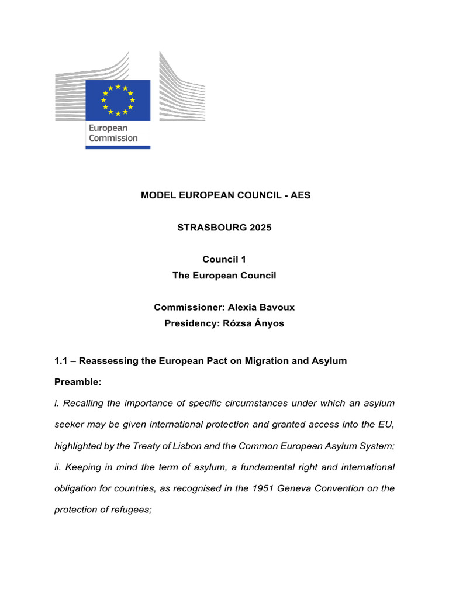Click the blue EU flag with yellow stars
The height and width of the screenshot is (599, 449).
[118, 99]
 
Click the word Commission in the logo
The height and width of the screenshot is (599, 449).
[113, 138]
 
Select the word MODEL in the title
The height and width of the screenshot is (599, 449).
[157, 195]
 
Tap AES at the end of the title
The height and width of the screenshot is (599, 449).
[301, 195]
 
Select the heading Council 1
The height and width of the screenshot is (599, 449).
[224, 259]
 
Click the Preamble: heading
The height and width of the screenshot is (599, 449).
[78, 382]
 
